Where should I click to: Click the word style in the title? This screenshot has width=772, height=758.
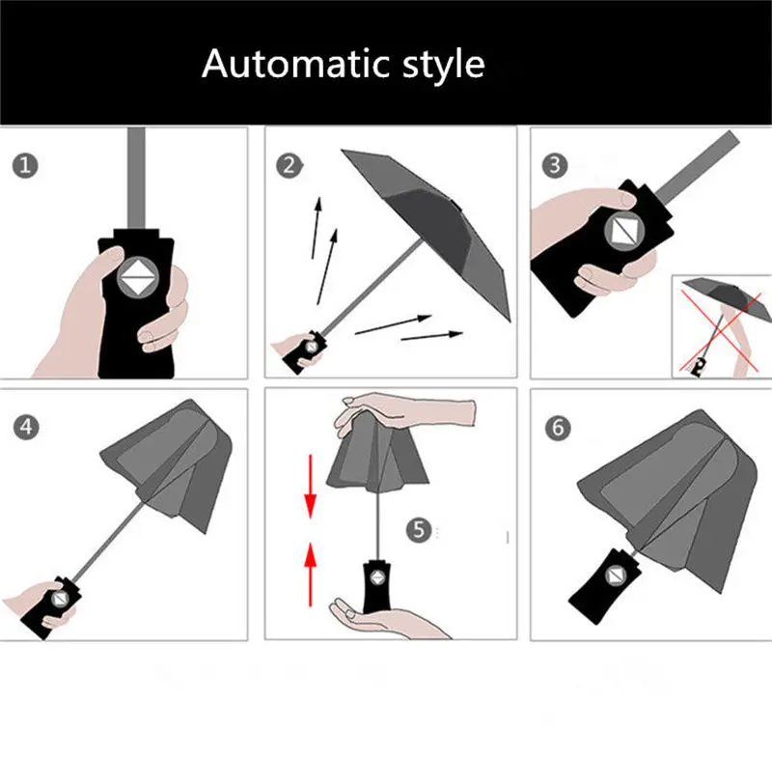[444, 66]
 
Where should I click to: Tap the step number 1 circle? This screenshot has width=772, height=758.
[25, 165]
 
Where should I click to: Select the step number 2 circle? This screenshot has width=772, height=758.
[289, 165]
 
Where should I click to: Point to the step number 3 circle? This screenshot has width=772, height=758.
[555, 165]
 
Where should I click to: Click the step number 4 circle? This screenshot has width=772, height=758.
[26, 427]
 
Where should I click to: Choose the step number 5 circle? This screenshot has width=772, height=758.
[419, 530]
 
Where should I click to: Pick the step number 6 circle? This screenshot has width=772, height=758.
[558, 428]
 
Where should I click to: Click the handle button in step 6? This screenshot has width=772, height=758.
[615, 575]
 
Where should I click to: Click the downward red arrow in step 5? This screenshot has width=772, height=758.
[310, 486]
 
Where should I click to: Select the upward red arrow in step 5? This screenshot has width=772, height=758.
[310, 575]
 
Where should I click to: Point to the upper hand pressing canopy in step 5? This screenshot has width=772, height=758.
[403, 412]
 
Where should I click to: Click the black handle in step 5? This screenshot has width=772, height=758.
[377, 586]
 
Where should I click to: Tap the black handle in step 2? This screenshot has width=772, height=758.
[304, 352]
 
